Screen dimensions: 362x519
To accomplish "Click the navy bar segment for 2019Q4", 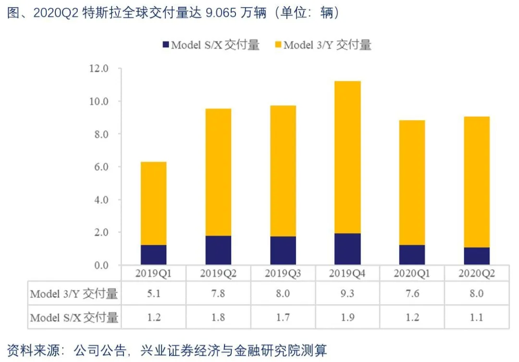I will (347, 249).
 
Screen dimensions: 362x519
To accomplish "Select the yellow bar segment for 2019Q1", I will (154, 203).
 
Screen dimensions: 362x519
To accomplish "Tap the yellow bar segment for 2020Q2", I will (477, 182).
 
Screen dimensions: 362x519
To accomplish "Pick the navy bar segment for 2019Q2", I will (218, 250).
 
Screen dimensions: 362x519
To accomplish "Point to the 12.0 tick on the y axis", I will (99, 69).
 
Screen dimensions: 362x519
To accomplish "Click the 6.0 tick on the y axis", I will (99, 167).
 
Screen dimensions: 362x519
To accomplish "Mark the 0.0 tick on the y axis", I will (99, 265).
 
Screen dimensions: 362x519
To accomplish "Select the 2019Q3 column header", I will (283, 274).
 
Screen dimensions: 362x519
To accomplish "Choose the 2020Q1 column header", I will (412, 274).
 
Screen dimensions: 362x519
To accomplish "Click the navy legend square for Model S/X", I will (165, 45).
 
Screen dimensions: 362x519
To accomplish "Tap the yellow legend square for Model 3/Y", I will (277, 45).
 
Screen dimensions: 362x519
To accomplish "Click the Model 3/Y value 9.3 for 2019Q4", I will (347, 294).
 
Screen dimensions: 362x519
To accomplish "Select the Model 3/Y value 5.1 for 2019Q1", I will (154, 294).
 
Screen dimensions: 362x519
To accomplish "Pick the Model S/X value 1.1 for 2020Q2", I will (477, 317).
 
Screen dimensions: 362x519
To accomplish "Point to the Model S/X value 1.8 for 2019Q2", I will (218, 317).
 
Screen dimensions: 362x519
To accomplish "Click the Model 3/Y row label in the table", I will (74, 294).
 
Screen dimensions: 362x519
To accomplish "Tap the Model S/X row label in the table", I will (74, 317).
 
